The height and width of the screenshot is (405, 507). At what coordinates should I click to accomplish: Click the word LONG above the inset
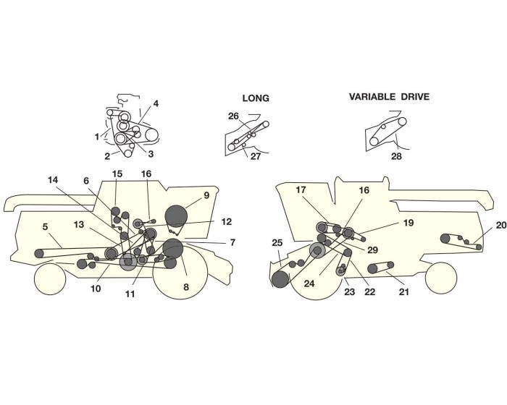(x=255, y=98)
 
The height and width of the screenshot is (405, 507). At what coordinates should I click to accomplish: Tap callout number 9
(x=206, y=195)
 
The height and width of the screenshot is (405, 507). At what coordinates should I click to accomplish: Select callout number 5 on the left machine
(x=45, y=227)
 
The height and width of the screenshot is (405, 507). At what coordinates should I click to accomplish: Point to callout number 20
(x=501, y=226)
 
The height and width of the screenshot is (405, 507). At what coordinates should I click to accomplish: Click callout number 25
(x=277, y=242)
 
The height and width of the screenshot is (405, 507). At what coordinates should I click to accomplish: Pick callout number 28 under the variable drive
(x=397, y=156)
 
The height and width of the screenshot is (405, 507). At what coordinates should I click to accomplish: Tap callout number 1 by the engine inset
(x=97, y=136)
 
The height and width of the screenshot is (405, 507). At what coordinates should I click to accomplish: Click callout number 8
(x=185, y=287)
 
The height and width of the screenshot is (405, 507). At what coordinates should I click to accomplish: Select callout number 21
(x=404, y=292)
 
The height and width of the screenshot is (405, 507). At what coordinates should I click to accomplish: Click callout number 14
(x=52, y=179)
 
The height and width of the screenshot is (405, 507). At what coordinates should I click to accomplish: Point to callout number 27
(x=256, y=156)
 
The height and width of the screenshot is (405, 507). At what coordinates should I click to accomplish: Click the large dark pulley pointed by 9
(x=176, y=216)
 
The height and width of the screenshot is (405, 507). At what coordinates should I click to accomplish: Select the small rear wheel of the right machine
(x=441, y=276)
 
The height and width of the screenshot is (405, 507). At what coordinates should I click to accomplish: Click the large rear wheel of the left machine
(x=180, y=275)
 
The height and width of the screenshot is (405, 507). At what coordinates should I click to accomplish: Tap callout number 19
(x=408, y=223)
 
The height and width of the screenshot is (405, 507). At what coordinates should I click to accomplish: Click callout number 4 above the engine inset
(x=156, y=103)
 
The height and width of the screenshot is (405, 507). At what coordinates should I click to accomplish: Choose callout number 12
(x=226, y=221)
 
